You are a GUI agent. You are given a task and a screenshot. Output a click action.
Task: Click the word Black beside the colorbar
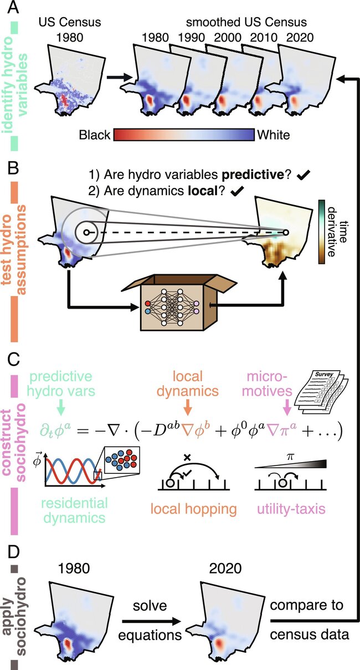tap(95, 134)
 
